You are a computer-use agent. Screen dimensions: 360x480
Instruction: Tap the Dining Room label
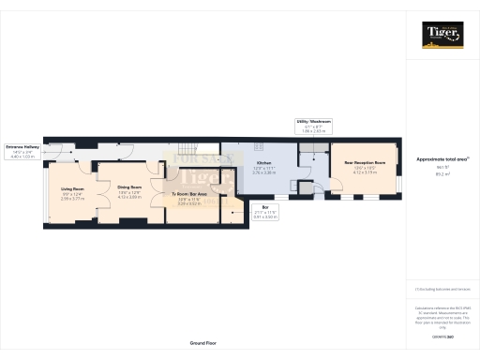(x=129, y=187)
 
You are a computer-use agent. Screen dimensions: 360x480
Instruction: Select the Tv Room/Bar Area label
(x=189, y=194)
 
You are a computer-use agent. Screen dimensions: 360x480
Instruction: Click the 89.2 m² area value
(x=442, y=174)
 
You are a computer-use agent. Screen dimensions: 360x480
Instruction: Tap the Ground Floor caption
(x=203, y=343)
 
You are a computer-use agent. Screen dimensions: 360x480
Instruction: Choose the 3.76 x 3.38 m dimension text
(x=265, y=173)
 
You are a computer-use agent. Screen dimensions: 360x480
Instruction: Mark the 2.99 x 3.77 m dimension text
(x=72, y=199)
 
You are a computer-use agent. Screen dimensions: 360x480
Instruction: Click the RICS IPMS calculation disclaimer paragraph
(x=442, y=316)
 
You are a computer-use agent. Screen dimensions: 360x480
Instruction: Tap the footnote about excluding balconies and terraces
(x=442, y=291)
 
